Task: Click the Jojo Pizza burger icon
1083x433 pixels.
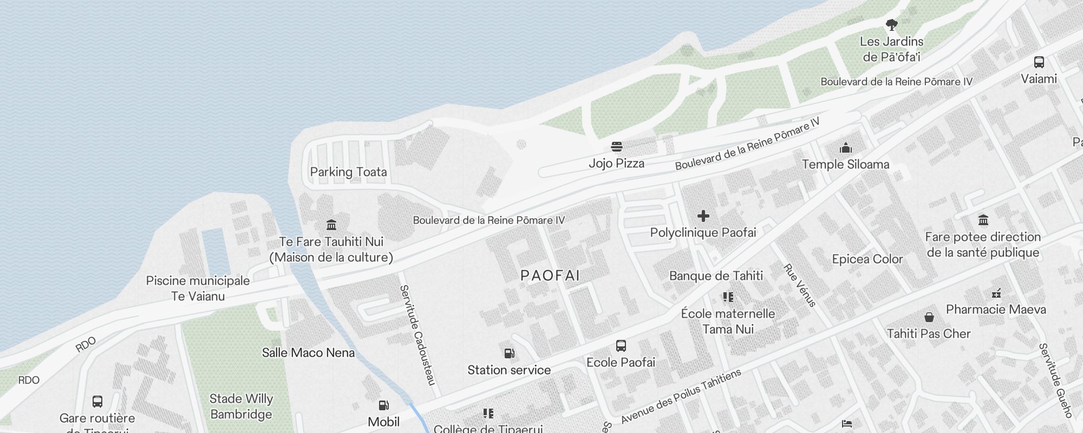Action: click(616, 147)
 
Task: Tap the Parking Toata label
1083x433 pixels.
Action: click(348, 172)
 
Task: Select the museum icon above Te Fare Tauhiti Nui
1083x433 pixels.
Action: click(331, 225)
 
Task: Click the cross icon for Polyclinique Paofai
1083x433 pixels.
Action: click(703, 216)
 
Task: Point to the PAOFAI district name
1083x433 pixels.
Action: click(550, 275)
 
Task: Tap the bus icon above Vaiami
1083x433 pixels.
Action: click(1039, 62)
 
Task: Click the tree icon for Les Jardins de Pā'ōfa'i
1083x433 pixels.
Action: click(891, 25)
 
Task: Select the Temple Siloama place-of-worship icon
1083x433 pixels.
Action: click(845, 148)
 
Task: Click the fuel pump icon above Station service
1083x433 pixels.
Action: click(509, 353)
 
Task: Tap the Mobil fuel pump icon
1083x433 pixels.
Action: click(383, 405)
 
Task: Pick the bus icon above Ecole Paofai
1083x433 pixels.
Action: click(621, 346)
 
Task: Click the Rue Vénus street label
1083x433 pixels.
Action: click(800, 285)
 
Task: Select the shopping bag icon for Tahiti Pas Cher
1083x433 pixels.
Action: click(929, 317)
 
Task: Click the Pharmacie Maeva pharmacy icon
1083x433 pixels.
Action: click(996, 293)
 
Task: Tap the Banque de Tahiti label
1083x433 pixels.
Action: click(716, 276)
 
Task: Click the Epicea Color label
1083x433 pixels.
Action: click(867, 259)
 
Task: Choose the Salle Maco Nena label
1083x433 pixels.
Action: click(308, 353)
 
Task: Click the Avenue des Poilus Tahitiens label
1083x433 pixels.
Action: click(681, 396)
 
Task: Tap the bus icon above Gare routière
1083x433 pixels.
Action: click(97, 402)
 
